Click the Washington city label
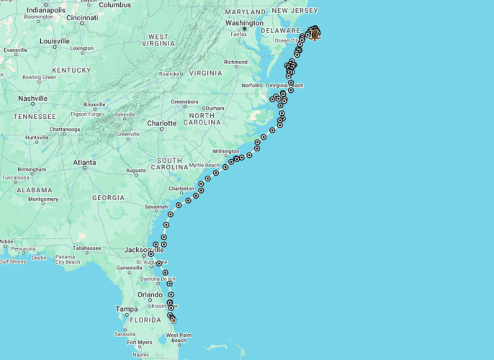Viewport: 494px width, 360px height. (x=244, y=22)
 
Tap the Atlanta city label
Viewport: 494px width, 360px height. (x=84, y=163)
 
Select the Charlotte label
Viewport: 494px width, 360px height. (x=161, y=123)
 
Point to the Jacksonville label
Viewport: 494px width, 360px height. (x=139, y=250)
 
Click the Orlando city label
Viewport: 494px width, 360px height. (x=150, y=294)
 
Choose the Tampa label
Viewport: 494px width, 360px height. (x=126, y=309)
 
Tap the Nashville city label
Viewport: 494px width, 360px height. (x=32, y=99)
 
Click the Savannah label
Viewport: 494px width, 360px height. (x=156, y=207)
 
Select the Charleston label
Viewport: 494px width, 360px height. (x=181, y=189)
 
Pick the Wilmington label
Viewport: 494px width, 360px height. (x=225, y=152)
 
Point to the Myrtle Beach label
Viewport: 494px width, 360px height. (x=205, y=166)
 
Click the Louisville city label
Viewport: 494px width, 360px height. (x=55, y=41)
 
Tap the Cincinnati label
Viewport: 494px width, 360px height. (x=82, y=17)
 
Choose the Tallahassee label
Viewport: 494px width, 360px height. (x=86, y=248)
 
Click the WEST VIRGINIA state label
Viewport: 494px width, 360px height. (x=159, y=40)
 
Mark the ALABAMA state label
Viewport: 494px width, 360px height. (x=35, y=190)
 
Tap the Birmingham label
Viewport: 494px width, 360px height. (x=32, y=170)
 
